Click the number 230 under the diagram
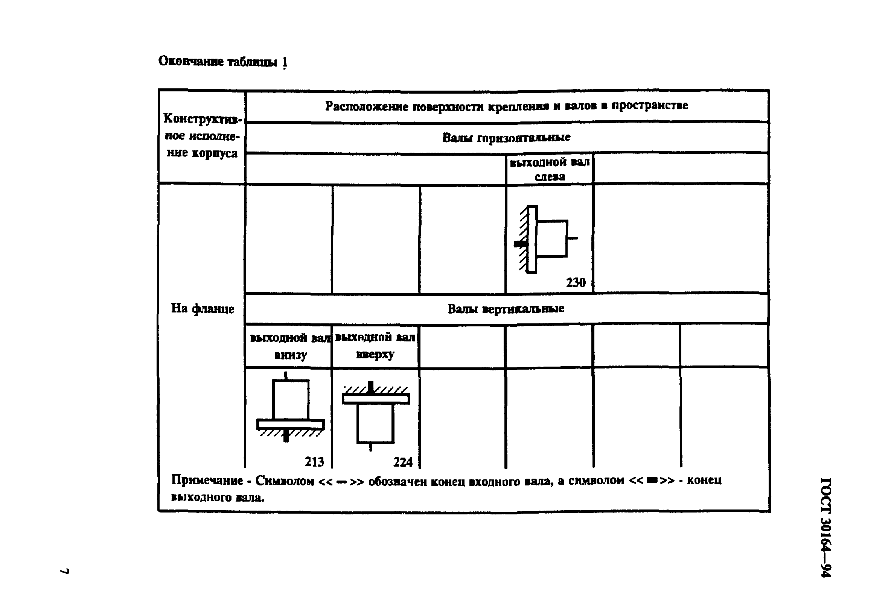(576, 282)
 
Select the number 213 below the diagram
(314, 462)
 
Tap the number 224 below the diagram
(402, 462)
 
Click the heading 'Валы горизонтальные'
(506, 138)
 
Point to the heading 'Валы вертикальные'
(506, 309)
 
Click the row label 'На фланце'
(203, 308)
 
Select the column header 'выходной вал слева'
(549, 170)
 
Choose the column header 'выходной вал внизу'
(290, 346)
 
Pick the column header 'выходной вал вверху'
(375, 346)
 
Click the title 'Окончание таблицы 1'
(223, 62)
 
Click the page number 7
(64, 571)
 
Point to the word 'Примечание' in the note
(207, 481)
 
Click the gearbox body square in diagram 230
(551, 238)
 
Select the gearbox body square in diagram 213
(291, 399)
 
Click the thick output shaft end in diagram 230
(520, 244)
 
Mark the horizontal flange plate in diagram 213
(291, 424)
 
